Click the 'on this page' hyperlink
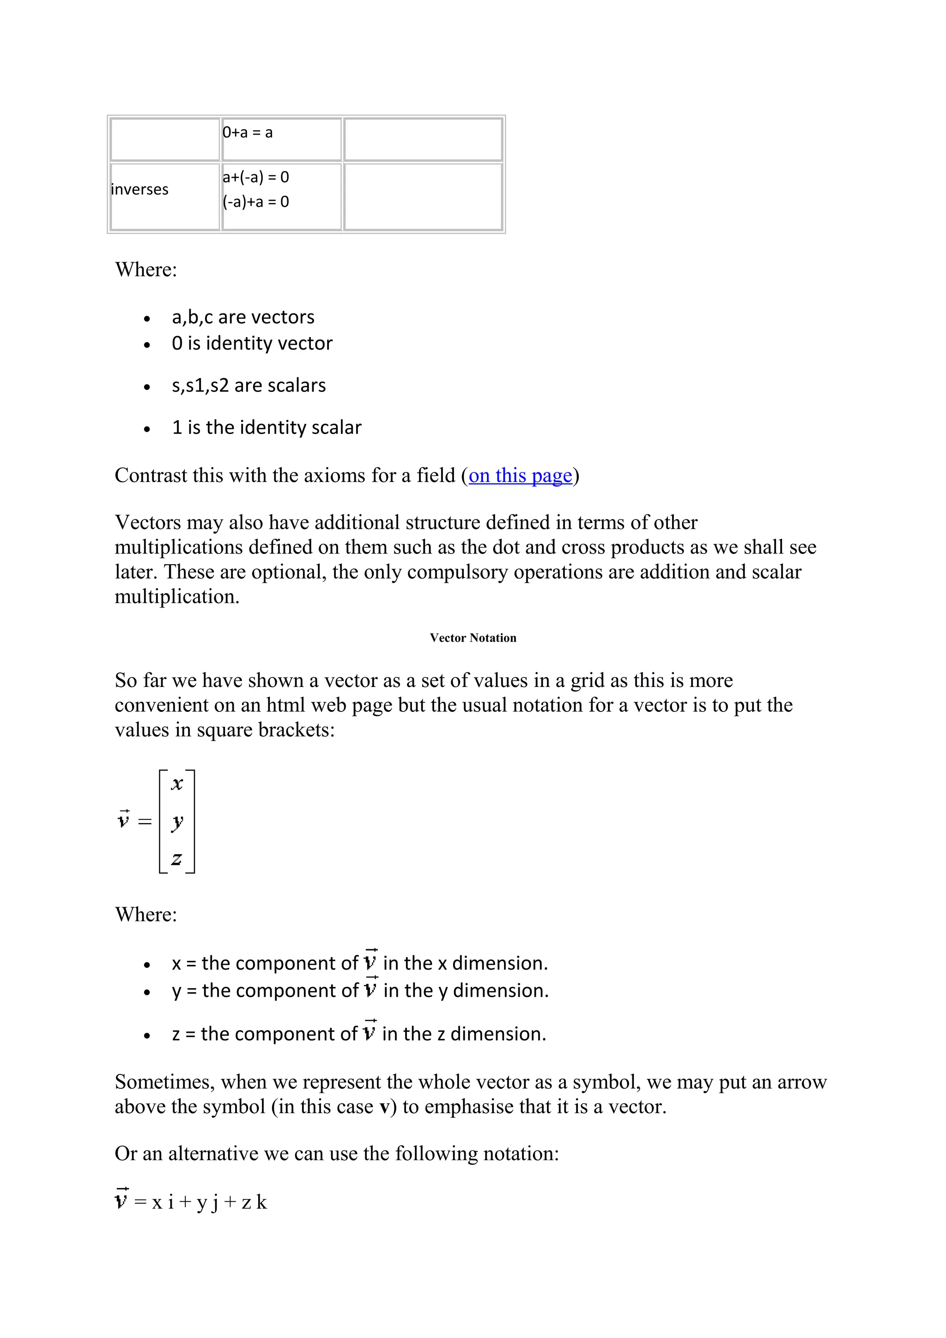[x=520, y=476]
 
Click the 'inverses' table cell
[x=139, y=189]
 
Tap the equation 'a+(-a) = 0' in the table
[x=255, y=177]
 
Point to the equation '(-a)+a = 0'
[x=255, y=202]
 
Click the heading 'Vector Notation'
[x=473, y=638]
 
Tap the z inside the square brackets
[x=176, y=859]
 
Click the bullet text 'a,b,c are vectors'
[x=243, y=317]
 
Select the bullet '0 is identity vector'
[x=252, y=343]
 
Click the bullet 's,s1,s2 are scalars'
[x=249, y=385]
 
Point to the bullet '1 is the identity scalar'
[x=267, y=428]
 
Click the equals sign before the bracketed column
[x=145, y=822]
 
